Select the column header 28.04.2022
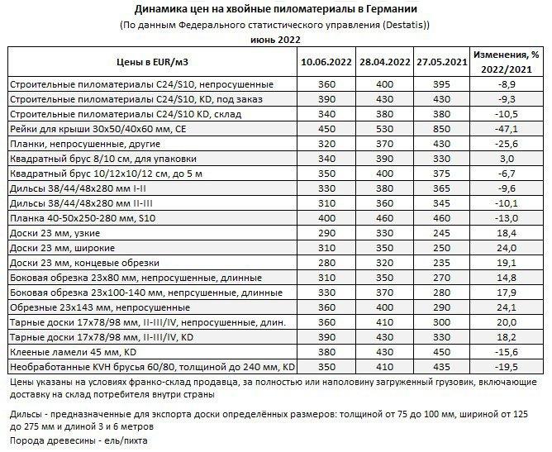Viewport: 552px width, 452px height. coord(382,62)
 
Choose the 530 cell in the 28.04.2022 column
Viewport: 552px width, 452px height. coord(382,129)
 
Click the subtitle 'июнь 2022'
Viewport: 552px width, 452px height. coord(275,39)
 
